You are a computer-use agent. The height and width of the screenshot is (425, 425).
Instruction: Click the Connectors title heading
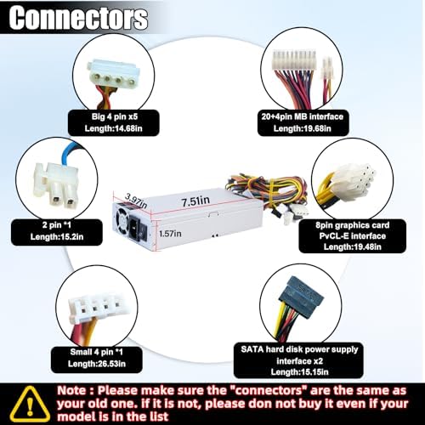[78, 18]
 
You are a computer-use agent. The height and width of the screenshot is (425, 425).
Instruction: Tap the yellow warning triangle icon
[30, 404]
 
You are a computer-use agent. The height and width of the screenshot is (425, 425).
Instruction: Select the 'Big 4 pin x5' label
[115, 116]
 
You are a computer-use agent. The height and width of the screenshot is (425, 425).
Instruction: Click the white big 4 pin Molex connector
[113, 74]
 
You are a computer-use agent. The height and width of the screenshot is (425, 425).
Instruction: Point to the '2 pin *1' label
[57, 225]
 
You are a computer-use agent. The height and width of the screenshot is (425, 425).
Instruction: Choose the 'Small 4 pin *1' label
[97, 352]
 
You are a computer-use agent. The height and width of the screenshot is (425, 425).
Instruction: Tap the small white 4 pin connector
[96, 309]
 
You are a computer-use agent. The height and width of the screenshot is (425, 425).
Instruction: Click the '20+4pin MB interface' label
[303, 116]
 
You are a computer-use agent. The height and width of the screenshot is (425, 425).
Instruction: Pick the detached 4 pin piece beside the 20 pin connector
[327, 68]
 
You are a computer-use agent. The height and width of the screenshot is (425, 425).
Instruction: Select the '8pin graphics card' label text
[353, 225]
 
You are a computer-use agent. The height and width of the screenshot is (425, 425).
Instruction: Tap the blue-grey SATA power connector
[301, 294]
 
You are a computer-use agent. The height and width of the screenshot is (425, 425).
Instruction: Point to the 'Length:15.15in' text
[299, 371]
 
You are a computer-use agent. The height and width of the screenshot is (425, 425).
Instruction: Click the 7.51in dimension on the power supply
[195, 201]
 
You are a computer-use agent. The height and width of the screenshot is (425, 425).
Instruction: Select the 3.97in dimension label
[136, 200]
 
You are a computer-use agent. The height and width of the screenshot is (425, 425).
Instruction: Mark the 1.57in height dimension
[170, 234]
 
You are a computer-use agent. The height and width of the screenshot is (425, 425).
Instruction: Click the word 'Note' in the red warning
[71, 390]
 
